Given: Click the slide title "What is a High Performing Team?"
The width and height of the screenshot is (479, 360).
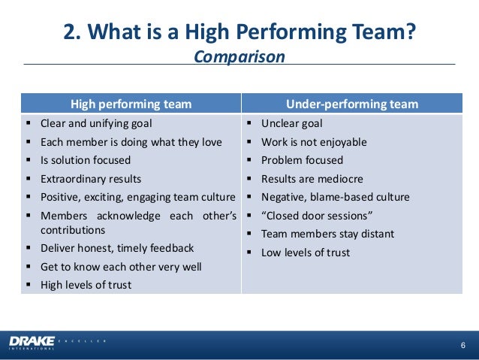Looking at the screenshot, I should point(239,32).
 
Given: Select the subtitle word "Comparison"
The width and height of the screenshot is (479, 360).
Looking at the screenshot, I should point(239,57).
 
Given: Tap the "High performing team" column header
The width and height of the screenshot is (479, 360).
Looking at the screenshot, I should point(131,104).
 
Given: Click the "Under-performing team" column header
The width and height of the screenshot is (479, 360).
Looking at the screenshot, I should point(352,104).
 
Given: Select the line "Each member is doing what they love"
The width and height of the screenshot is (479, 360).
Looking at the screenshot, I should point(131,142).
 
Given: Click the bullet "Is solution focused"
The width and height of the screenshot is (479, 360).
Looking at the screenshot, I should point(86,160).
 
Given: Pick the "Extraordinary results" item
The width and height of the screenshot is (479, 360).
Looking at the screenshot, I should point(91,179).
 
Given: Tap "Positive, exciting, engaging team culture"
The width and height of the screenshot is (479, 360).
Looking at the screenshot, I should point(137,197).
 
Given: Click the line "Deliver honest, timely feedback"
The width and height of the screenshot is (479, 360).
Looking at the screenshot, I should point(117,248).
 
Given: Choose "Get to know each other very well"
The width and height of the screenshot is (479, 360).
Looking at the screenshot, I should point(121,267).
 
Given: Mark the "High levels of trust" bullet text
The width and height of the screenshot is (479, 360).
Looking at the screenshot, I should point(86,285).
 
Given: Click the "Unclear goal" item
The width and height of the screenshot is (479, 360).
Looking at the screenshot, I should point(291,123).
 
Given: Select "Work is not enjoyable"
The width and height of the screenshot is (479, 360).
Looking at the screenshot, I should point(314,142).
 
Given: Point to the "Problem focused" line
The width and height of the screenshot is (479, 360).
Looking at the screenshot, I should point(302,160).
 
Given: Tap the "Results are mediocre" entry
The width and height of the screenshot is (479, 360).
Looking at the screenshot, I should point(312,179).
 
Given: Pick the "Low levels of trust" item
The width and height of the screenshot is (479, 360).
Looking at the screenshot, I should point(306,253).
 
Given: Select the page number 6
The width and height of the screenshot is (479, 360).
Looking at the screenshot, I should point(462,344).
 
